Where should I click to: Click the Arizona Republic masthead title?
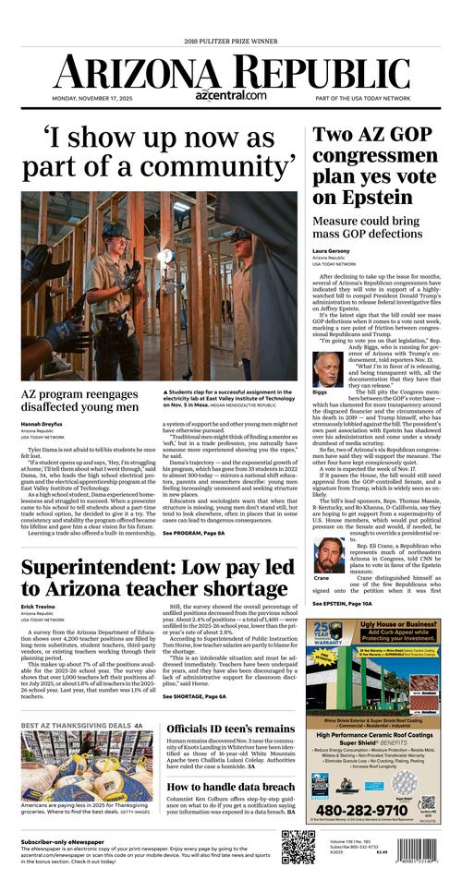coord(231,69)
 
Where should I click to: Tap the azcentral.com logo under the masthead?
coord(230,95)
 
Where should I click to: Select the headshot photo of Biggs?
coord(328,368)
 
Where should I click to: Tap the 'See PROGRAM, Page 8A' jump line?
coord(193,534)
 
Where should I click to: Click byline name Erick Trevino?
coord(39,608)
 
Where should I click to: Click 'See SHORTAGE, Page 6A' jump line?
coord(194,696)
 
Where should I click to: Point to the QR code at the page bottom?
coord(298,847)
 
